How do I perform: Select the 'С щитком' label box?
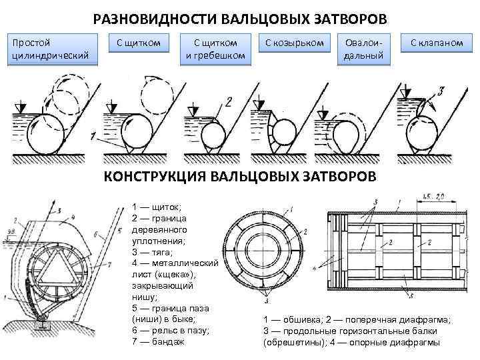click(139, 43)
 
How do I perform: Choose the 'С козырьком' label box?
click(294, 43)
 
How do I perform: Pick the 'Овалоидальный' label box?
click(363, 49)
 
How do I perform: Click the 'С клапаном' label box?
click(437, 43)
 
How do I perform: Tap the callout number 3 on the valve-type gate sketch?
click(441, 90)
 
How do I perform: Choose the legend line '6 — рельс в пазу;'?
click(171, 330)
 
